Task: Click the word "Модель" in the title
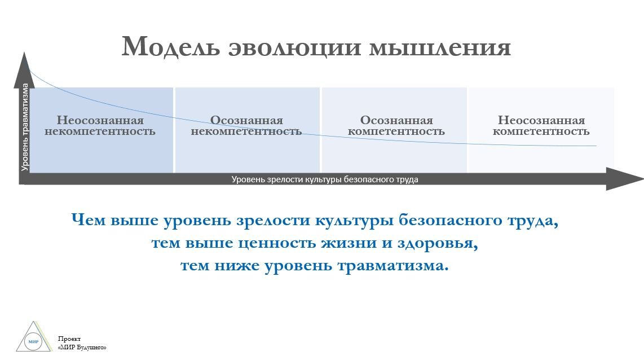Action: pos(171,47)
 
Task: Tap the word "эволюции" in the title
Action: pos(294,47)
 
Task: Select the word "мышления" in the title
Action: pos(440,47)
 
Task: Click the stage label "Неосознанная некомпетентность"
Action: pos(100,125)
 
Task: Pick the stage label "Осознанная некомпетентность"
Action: pos(246,125)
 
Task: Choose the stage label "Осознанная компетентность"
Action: pos(396,125)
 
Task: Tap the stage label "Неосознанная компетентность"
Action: pos(541,125)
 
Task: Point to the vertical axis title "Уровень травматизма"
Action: pos(25,127)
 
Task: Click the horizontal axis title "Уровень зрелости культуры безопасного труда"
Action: pos(325,179)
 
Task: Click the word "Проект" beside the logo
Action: pos(69,339)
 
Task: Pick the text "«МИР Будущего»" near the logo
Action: pos(82,348)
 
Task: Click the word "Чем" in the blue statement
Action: pos(89,220)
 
